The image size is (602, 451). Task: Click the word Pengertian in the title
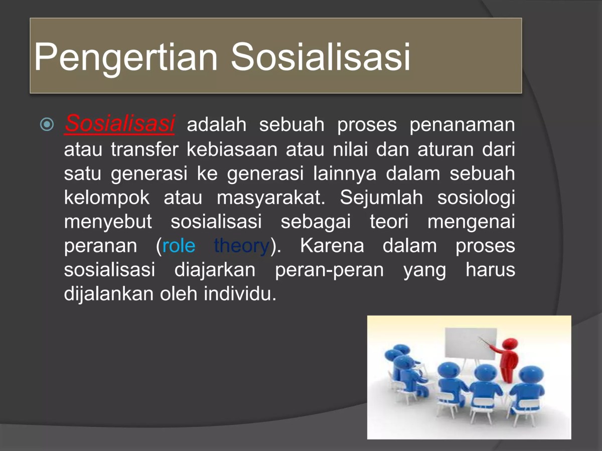[125, 57]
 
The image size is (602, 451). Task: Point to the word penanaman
[462, 125]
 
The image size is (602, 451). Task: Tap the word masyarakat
[271, 198]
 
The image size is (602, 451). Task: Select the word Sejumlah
[382, 198]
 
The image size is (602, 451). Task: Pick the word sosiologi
[476, 198]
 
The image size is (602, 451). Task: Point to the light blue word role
[179, 246]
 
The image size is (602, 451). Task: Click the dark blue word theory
[241, 246]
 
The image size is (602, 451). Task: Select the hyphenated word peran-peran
[329, 270]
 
